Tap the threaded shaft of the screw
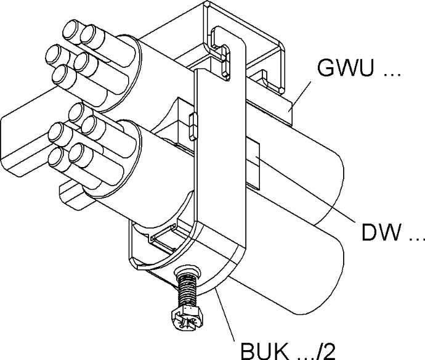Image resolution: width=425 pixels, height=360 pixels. tap(185, 289)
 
